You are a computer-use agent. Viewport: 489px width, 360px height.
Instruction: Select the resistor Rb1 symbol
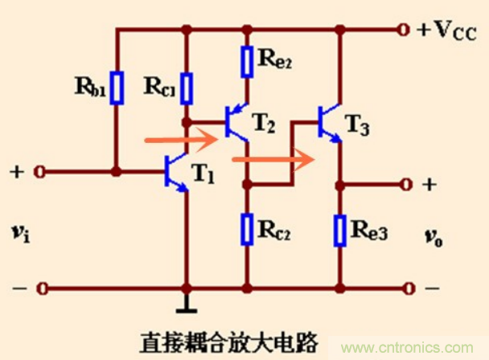point(117,88)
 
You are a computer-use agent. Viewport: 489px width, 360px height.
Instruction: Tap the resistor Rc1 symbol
point(187,88)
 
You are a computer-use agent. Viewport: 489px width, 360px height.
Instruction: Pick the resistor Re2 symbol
point(248,61)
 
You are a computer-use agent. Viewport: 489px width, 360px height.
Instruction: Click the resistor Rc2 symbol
point(248,228)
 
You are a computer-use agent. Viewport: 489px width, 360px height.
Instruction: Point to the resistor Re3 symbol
point(340,228)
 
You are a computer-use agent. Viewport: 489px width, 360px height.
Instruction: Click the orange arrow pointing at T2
point(181,140)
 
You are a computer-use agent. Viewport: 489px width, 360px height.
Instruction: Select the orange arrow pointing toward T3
point(273,159)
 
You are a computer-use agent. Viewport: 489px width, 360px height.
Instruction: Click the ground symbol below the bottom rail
point(187,306)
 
